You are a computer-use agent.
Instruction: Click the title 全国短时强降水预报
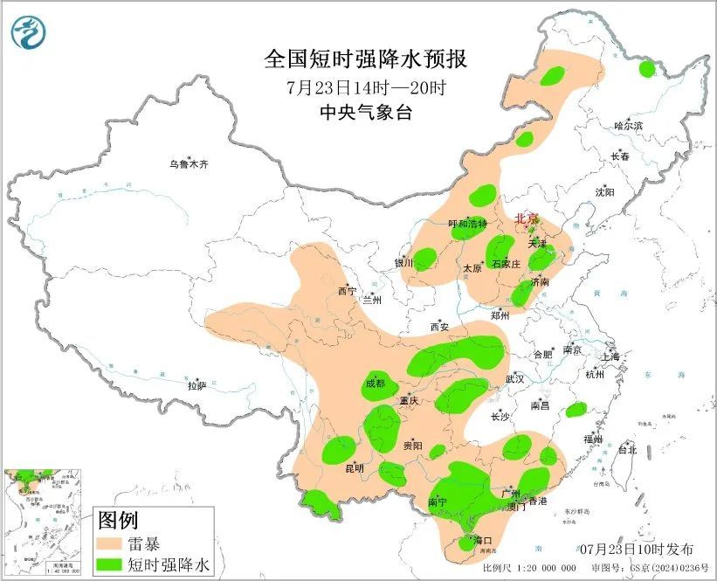366,59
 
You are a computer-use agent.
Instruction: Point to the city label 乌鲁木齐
190,163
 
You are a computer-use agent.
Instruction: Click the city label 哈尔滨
628,126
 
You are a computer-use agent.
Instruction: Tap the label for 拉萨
196,384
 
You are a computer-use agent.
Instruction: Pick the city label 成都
374,383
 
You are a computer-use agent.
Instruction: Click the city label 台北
626,451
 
